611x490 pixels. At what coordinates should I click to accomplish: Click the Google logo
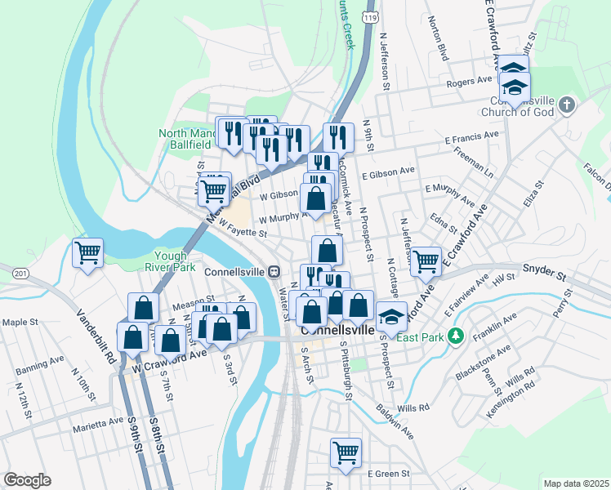pyautogui.click(x=27, y=480)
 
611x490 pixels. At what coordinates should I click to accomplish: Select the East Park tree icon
pyautogui.click(x=457, y=336)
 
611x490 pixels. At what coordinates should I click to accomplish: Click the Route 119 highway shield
pyautogui.click(x=371, y=16)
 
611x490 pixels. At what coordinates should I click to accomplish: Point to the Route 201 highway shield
pyautogui.click(x=21, y=272)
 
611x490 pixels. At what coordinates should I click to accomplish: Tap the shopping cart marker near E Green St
pyautogui.click(x=346, y=452)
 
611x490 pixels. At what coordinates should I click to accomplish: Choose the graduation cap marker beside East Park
pyautogui.click(x=391, y=316)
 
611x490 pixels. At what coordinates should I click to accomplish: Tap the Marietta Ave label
pyautogui.click(x=97, y=423)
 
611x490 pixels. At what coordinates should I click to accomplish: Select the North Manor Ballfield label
pyautogui.click(x=187, y=139)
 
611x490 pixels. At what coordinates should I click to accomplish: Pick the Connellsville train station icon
pyautogui.click(x=275, y=270)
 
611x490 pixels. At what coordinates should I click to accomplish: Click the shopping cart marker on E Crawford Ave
pyautogui.click(x=426, y=261)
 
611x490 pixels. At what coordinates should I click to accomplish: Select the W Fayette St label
pyautogui.click(x=243, y=234)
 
